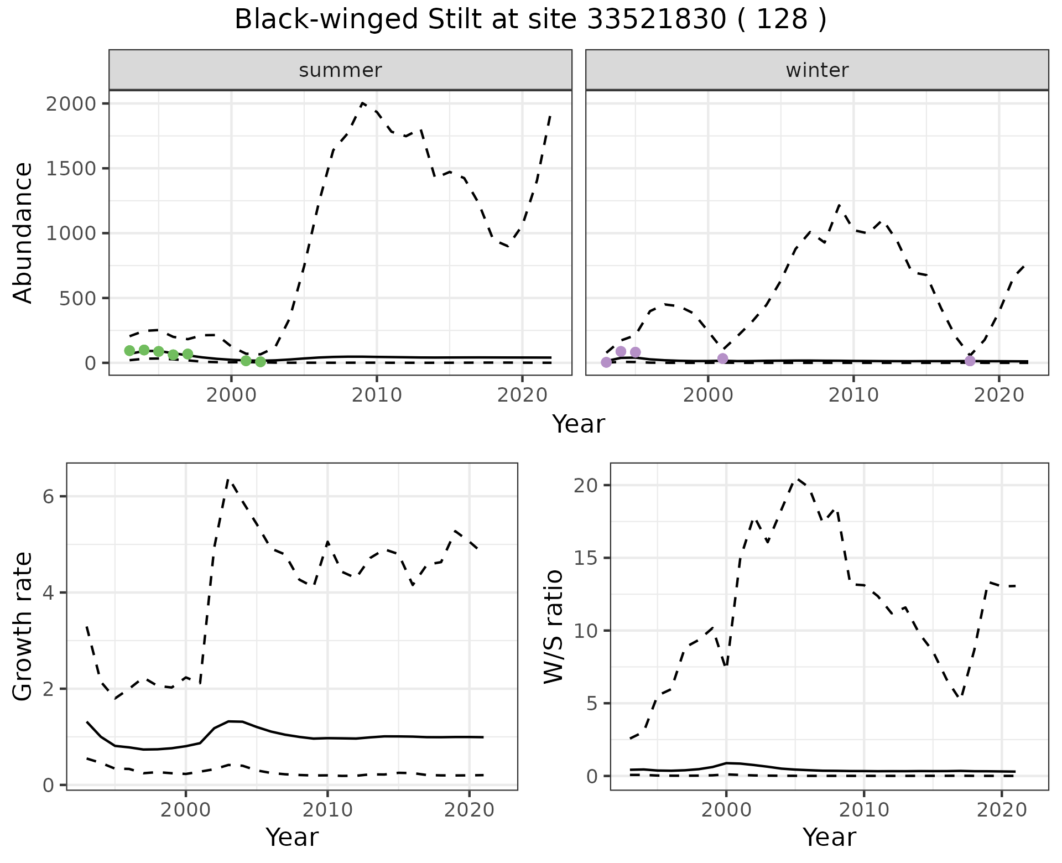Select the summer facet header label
[x=340, y=70]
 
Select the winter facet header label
[x=817, y=70]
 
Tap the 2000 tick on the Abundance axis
[x=71, y=103]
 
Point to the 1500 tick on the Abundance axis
[x=71, y=168]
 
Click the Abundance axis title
[x=23, y=232]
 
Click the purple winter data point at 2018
[x=970, y=361]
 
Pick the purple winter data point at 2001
[x=722, y=358]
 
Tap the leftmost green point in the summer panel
[x=129, y=350]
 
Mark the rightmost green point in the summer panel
[x=261, y=362]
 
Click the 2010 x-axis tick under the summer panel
[x=377, y=395]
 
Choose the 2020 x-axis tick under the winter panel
[x=999, y=395]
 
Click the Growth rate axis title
[x=23, y=627]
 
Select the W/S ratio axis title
[x=553, y=627]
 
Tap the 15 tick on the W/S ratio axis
[x=586, y=558]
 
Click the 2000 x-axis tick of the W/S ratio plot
[x=726, y=810]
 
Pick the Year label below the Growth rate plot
[x=292, y=837]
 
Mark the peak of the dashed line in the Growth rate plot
[x=228, y=479]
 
